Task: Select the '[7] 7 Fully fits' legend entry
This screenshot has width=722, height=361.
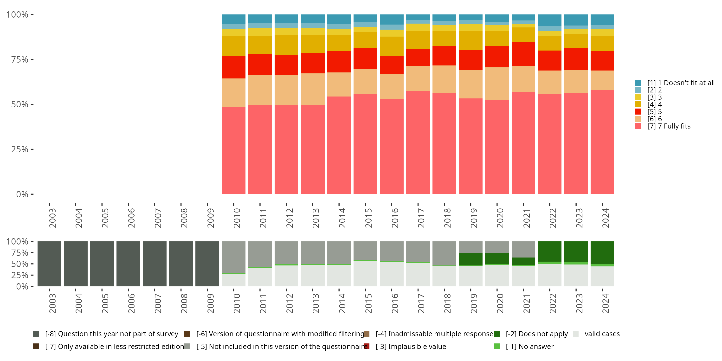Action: [669, 126]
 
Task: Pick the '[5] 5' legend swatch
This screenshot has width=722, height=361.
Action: [638, 112]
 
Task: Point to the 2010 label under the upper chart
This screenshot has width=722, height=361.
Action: [237, 218]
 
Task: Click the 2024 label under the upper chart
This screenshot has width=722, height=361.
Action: [606, 218]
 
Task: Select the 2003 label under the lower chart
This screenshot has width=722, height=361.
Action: [52, 303]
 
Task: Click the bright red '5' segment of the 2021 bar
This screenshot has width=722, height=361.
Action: [523, 54]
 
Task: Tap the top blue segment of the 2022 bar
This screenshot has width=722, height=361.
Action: [550, 20]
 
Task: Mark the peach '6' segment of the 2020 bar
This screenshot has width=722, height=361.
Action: [497, 84]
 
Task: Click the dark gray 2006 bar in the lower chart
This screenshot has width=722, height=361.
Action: [128, 264]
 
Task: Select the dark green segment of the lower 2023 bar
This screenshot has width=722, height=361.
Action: [576, 252]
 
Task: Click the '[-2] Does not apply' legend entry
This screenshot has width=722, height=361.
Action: [536, 334]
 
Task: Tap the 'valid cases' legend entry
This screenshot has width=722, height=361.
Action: [602, 334]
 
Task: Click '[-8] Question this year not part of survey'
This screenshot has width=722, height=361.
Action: [111, 334]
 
